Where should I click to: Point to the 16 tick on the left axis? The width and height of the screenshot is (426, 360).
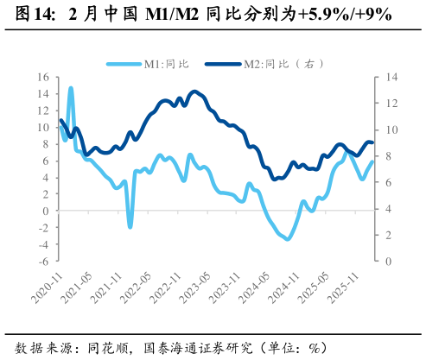pos(43,77)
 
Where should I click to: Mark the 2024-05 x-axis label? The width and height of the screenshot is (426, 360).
pos(260,281)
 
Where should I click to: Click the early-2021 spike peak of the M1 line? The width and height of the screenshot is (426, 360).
pos(71,88)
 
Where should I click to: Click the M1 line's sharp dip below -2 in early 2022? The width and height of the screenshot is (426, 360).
pos(130,227)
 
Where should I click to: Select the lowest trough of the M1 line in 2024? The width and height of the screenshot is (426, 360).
pos(287,239)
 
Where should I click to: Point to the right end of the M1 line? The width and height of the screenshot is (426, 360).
pos(373,161)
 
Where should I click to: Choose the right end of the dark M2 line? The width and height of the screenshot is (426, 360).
pos(373,142)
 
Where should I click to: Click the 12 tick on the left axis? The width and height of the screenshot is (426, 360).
pos(43,111)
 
